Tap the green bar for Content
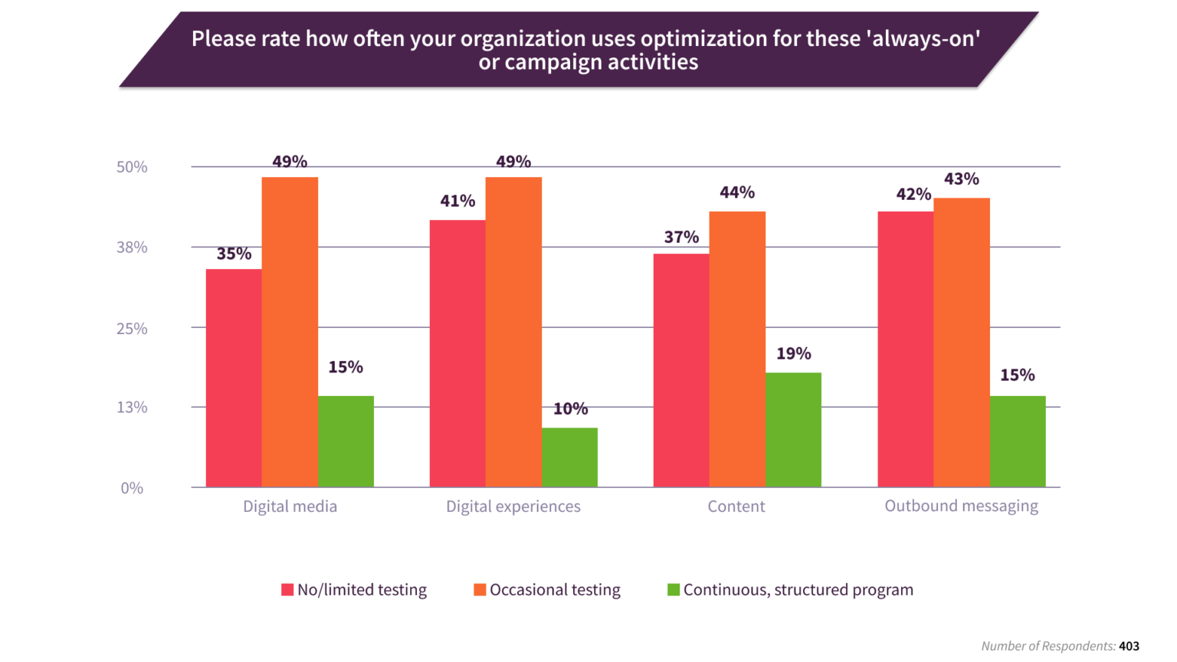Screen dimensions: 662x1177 [793, 430]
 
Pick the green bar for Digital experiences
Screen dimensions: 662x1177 [569, 457]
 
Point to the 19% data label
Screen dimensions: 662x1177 [793, 354]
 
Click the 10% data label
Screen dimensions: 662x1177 [570, 409]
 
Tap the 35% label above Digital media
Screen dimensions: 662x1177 [234, 254]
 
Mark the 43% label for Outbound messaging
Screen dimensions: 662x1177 [961, 179]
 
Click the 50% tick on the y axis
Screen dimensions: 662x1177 [132, 167]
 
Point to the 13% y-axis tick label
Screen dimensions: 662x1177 [132, 408]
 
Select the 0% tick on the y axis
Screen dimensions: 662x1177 [132, 488]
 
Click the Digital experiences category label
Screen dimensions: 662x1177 [513, 506]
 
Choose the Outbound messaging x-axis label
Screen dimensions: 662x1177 [961, 506]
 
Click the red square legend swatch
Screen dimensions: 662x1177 [287, 590]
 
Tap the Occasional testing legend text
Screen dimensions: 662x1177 [555, 590]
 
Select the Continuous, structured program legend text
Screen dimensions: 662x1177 [798, 590]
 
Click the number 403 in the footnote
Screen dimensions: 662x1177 [1129, 647]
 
